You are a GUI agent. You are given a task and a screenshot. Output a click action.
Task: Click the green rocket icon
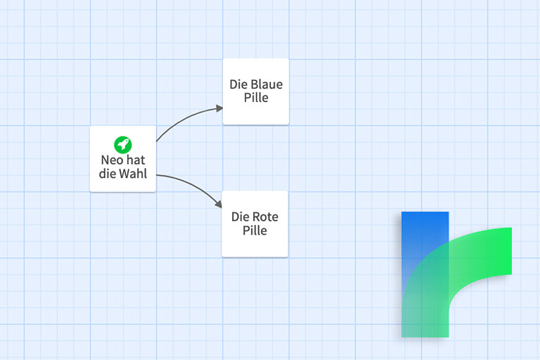click(123, 145)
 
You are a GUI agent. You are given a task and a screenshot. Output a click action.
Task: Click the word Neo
click(112, 160)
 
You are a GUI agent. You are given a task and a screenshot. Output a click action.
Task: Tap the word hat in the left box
click(136, 160)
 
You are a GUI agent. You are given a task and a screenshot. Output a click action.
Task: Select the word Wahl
click(133, 173)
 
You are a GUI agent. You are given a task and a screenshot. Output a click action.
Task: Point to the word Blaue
click(265, 84)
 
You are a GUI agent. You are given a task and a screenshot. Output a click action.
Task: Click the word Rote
click(264, 217)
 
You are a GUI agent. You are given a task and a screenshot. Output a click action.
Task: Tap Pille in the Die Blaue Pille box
click(256, 98)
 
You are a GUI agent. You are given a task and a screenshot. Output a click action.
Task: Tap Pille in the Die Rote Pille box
click(255, 231)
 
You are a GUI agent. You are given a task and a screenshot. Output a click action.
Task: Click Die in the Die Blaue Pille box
click(237, 84)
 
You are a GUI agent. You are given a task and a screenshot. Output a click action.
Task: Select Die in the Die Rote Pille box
click(238, 217)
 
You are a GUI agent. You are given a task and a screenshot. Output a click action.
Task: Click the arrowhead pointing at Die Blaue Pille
click(219, 108)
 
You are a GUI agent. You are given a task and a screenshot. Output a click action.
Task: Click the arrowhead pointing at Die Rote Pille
click(219, 204)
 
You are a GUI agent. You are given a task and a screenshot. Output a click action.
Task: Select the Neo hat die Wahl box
click(123, 159)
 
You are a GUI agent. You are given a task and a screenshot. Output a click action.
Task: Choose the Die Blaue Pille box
click(256, 91)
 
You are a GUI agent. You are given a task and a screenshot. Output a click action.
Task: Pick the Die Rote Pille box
click(255, 224)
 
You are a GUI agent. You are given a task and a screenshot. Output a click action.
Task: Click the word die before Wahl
click(107, 173)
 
